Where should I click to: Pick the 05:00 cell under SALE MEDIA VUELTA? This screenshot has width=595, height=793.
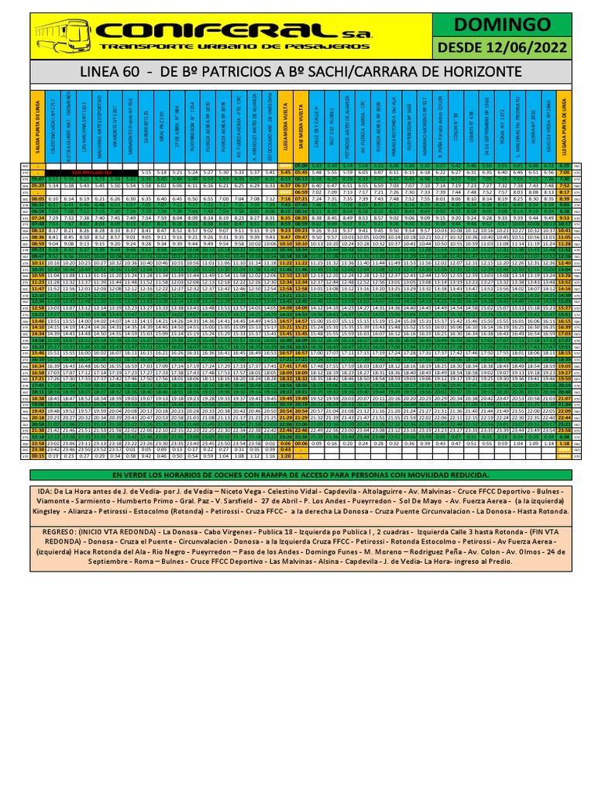tap(303, 165)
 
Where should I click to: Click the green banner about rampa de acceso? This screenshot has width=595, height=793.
tap(297, 474)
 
